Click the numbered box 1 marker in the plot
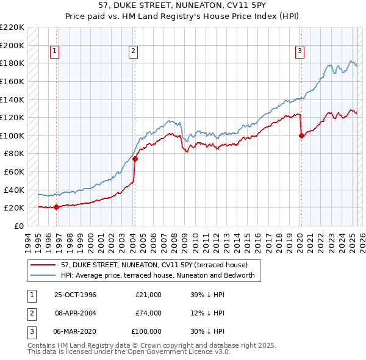(x=55, y=52)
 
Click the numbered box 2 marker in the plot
(x=132, y=52)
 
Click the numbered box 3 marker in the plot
(x=300, y=52)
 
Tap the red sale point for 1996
(x=56, y=207)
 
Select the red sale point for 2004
(x=135, y=159)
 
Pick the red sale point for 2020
(x=301, y=136)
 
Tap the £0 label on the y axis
(x=18, y=226)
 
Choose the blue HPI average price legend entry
(x=161, y=276)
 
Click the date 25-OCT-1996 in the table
(x=75, y=295)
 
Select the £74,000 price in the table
(x=148, y=313)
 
